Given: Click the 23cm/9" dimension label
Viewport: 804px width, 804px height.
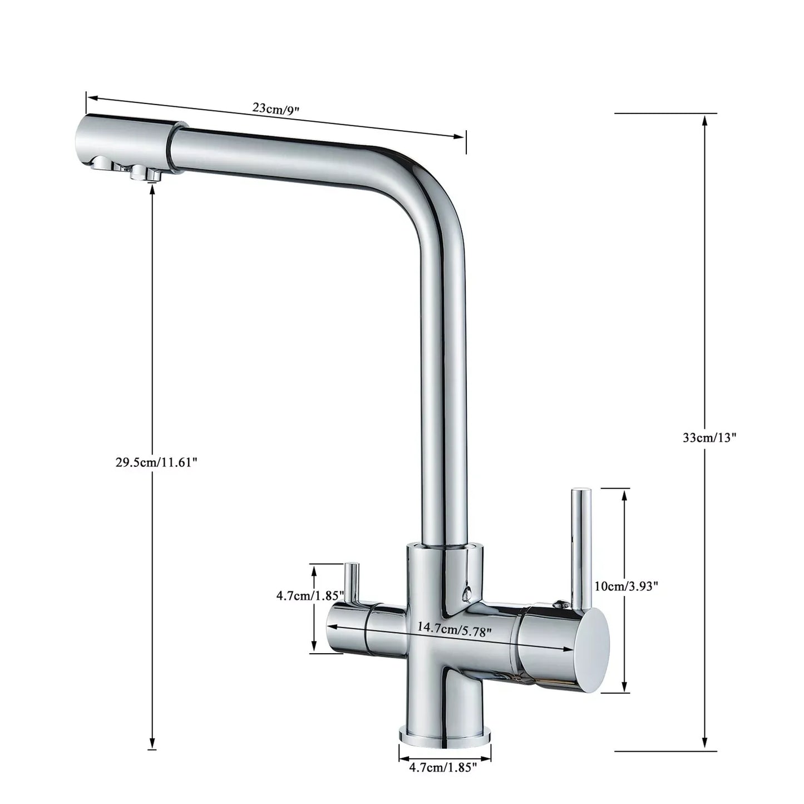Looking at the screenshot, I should [x=276, y=107].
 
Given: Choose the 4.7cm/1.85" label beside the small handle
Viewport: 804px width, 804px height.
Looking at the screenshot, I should [x=310, y=595].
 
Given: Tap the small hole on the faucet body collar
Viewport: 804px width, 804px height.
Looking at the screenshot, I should [x=466, y=591].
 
